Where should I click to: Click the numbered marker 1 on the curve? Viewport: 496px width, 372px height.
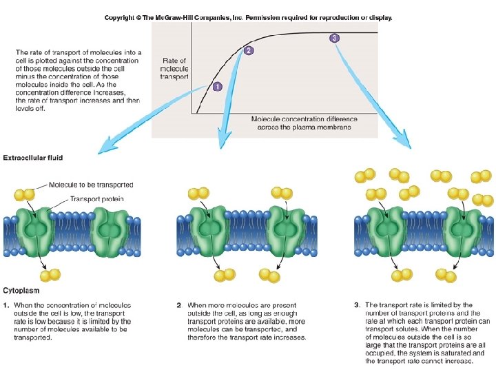click(x=218, y=87)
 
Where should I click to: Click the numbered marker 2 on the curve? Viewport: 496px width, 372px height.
click(x=249, y=50)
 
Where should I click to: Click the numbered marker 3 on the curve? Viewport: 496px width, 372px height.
click(x=335, y=38)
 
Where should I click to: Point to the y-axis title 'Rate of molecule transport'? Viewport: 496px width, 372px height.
click(x=173, y=69)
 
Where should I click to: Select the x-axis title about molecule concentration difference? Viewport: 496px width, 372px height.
click(x=300, y=123)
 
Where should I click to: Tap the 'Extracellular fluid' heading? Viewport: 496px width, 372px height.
click(x=33, y=158)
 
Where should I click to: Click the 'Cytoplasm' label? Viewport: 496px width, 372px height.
click(x=21, y=291)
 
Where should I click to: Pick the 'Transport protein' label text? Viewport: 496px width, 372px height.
click(x=96, y=200)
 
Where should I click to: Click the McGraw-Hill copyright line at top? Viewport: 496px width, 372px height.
click(x=248, y=18)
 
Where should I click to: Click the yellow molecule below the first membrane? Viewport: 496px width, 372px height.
click(x=50, y=276)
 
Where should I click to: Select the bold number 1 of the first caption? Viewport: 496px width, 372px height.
click(x=7, y=304)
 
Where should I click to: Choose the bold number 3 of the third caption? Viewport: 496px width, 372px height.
click(x=357, y=304)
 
